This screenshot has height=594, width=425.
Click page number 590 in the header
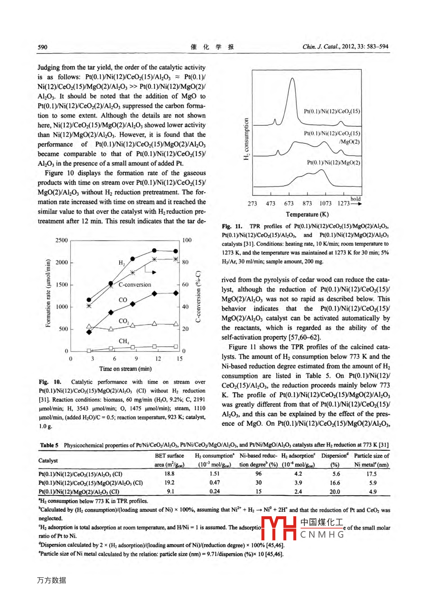(43, 47)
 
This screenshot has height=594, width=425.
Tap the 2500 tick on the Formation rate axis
(61, 240)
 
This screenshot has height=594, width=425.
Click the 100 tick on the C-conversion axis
(187, 240)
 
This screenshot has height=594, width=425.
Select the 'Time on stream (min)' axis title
(125, 369)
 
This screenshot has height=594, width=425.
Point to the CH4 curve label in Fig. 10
(124, 341)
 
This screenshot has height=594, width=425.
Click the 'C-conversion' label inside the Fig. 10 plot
(135, 285)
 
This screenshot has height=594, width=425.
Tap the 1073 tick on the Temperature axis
(326, 203)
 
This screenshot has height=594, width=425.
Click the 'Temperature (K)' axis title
(307, 215)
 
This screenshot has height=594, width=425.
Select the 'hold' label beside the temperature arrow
(355, 199)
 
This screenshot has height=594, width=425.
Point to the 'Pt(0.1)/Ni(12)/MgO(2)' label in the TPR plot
(333, 163)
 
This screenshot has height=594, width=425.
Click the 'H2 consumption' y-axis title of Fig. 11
(246, 139)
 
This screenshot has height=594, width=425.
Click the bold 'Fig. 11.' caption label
(232, 226)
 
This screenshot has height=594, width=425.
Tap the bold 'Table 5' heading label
(49, 445)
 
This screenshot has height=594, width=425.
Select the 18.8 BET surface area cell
(169, 474)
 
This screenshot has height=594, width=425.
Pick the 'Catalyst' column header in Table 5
(48, 461)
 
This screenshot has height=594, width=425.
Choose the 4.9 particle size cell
(373, 492)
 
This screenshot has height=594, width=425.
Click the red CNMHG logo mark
(279, 528)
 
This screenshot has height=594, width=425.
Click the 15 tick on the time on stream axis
(180, 359)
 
